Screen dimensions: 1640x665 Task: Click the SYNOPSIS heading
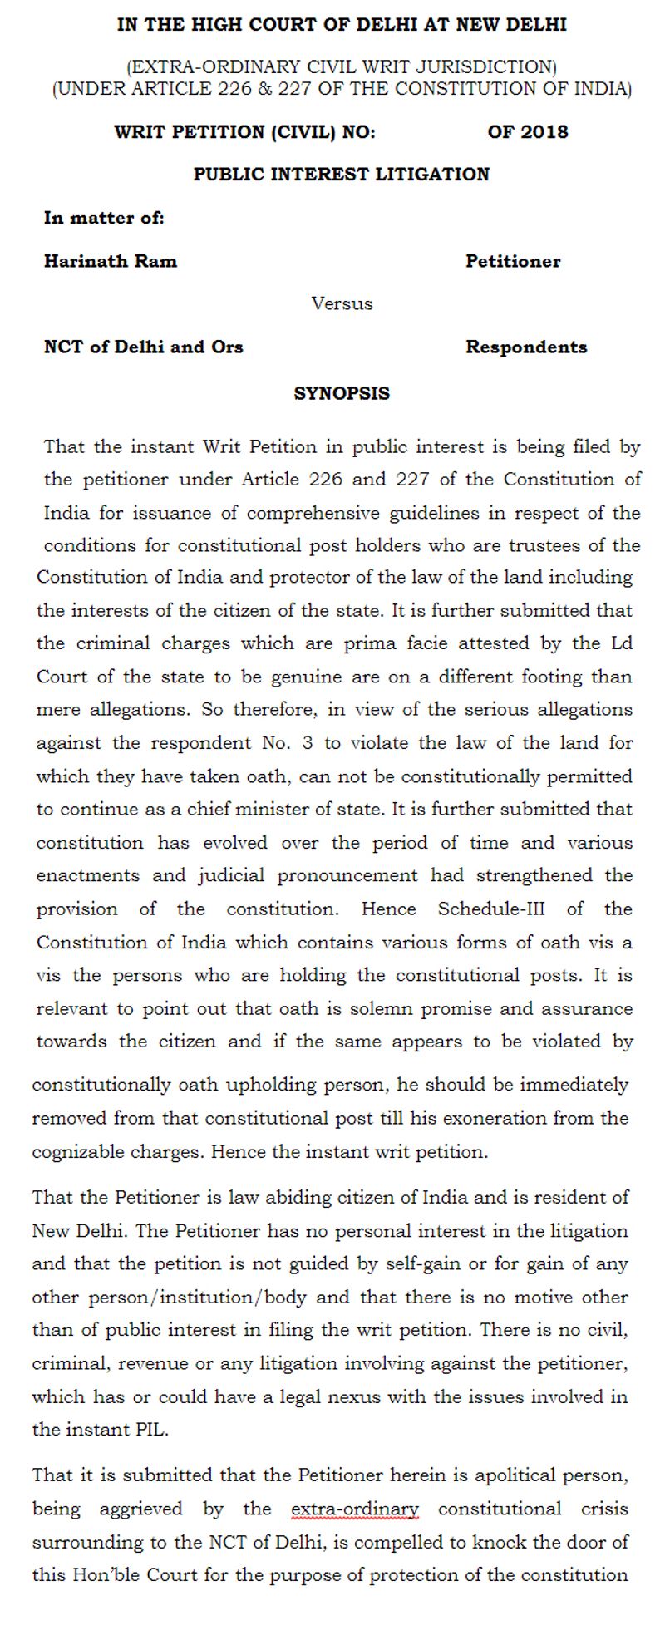pyautogui.click(x=342, y=393)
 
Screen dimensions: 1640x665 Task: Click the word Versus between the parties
pyautogui.click(x=342, y=303)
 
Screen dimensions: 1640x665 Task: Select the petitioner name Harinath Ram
pyautogui.click(x=111, y=261)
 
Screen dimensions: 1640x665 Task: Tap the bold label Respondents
pyautogui.click(x=526, y=347)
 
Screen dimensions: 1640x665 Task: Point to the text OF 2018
pyautogui.click(x=528, y=131)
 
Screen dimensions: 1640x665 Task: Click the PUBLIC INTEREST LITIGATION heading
pyautogui.click(x=342, y=174)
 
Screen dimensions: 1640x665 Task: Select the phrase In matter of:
pyautogui.click(x=104, y=218)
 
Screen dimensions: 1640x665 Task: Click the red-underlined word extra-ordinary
pyautogui.click(x=355, y=1508)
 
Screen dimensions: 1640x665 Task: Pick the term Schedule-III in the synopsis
pyautogui.click(x=491, y=909)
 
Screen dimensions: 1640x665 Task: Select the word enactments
pyautogui.click(x=88, y=875)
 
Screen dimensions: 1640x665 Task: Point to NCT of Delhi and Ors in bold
pyautogui.click(x=144, y=347)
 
